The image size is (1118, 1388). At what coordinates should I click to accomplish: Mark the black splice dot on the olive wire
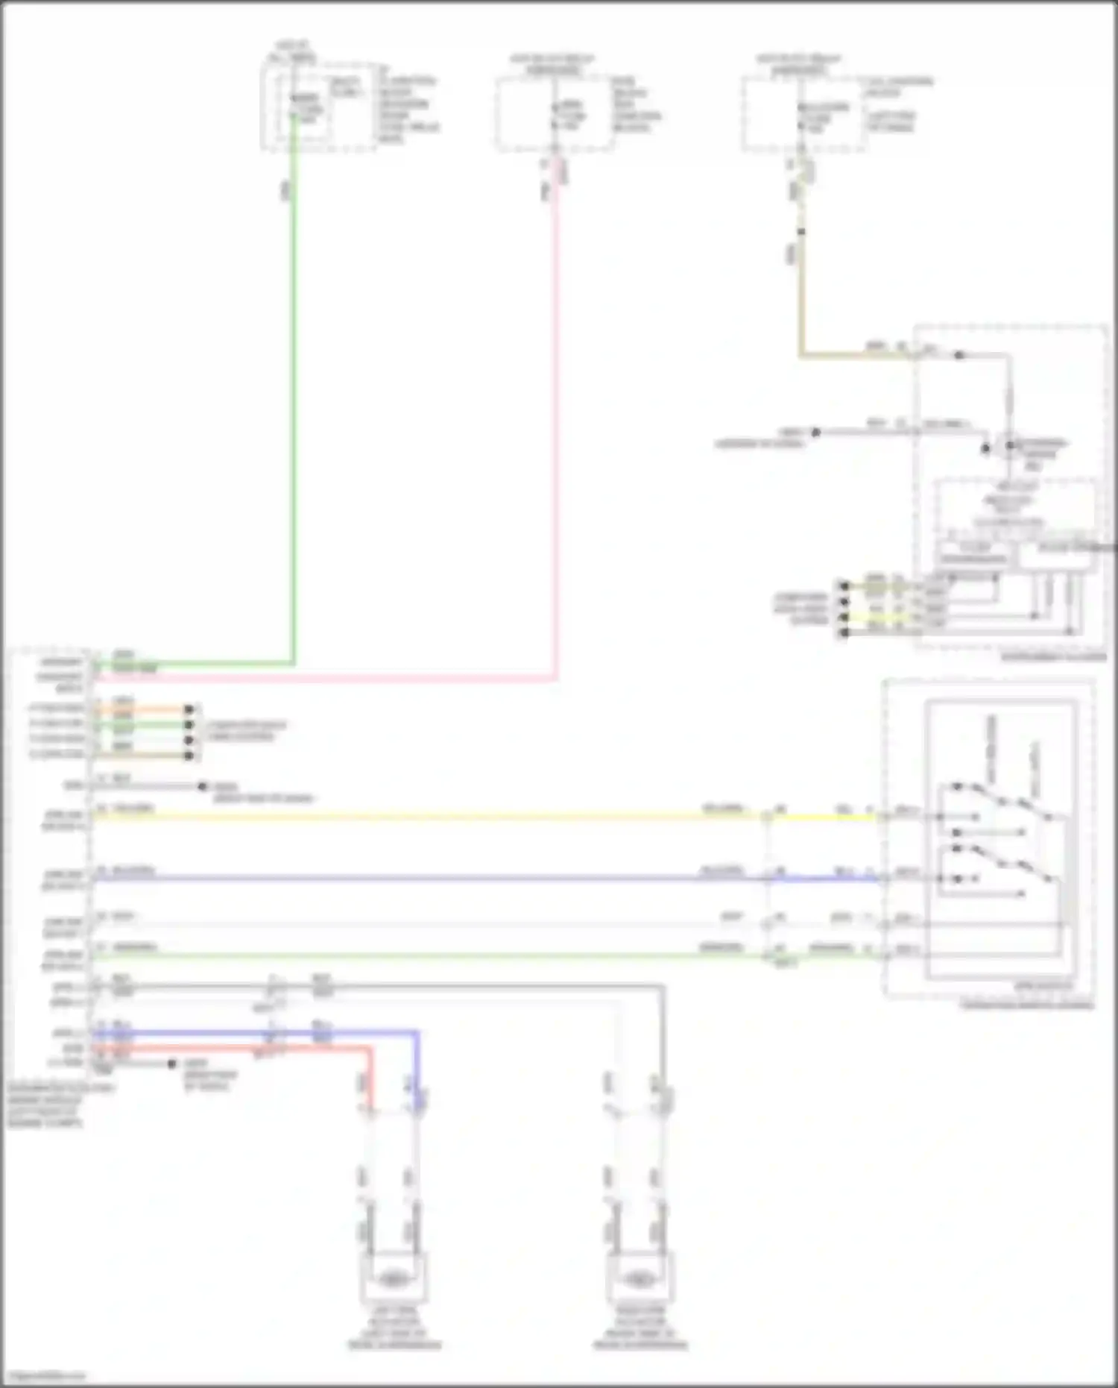pyautogui.click(x=801, y=232)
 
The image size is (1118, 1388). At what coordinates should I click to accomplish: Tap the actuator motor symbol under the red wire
pyautogui.click(x=393, y=1278)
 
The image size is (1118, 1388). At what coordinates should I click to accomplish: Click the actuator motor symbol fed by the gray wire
pyautogui.click(x=639, y=1278)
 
